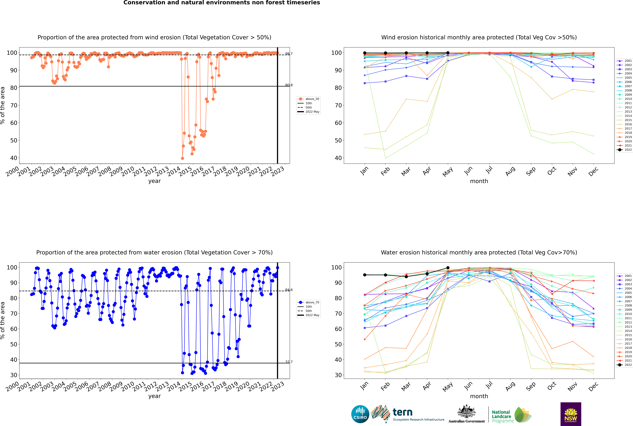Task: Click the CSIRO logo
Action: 360,414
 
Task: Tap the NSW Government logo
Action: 571,414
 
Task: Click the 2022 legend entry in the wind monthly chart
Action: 624,150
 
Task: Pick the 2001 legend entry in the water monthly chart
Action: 624,276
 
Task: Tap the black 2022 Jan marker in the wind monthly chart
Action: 365,53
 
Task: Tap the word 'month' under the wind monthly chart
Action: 479,181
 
